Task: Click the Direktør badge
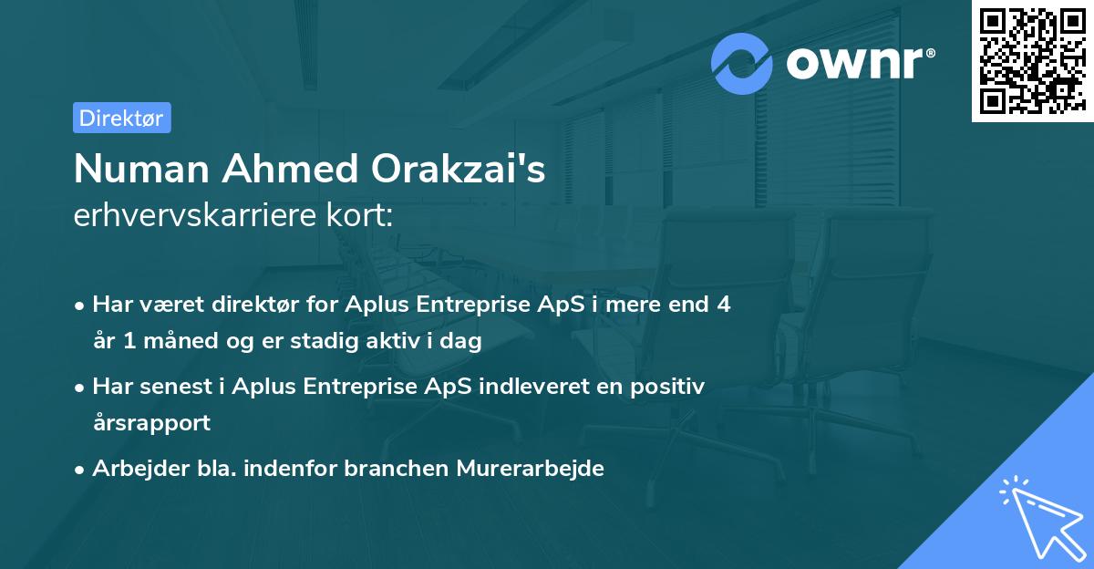pyautogui.click(x=121, y=118)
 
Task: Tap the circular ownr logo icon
pyautogui.click(x=742, y=63)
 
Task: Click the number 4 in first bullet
pyautogui.click(x=723, y=305)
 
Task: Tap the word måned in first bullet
pyautogui.click(x=178, y=341)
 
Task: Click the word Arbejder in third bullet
pyautogui.click(x=131, y=469)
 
